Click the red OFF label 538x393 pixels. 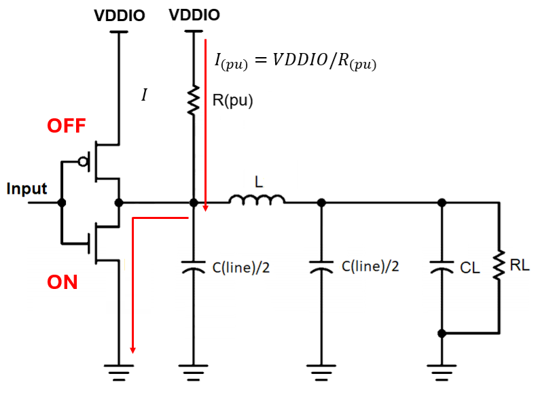tap(66, 126)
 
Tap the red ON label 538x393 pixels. tap(62, 282)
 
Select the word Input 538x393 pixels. tap(26, 189)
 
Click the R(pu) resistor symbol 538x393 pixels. tap(194, 100)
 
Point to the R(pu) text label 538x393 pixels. tap(232, 101)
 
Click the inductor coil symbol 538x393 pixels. tap(257, 200)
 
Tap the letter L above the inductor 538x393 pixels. tap(259, 182)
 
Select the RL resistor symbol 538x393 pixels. tap(499, 264)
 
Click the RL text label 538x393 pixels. tap(520, 265)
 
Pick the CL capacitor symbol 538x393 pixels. tap(442, 267)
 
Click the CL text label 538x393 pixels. tap(469, 268)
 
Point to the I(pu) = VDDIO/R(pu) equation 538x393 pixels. tap(295, 61)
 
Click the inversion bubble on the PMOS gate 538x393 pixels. tap(83, 161)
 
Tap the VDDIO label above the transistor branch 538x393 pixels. tap(120, 16)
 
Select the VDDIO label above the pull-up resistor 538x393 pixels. tap(194, 15)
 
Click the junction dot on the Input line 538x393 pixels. tap(62, 203)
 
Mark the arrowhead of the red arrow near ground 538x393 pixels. tap(132, 350)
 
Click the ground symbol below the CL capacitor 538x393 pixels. tap(442, 373)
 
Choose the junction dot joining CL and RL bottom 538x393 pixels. tap(442, 333)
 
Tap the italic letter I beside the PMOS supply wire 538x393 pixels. tap(145, 95)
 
